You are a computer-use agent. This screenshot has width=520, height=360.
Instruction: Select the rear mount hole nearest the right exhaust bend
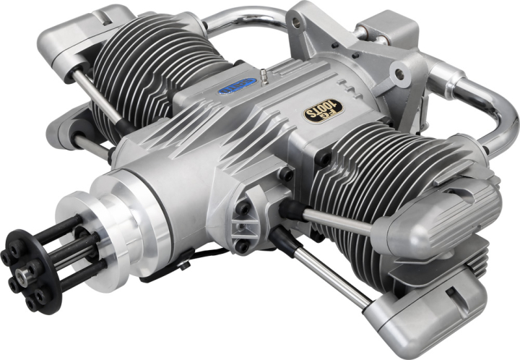pyautogui.click(x=397, y=72)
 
